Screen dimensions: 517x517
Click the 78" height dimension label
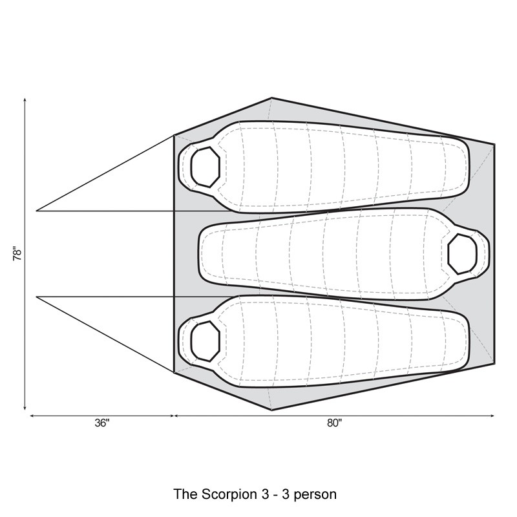click(x=17, y=253)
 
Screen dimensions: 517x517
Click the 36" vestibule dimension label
click(x=102, y=423)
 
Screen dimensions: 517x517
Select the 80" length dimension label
click(x=335, y=423)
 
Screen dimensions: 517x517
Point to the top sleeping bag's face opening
click(x=205, y=167)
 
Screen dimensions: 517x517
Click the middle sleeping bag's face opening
click(x=462, y=254)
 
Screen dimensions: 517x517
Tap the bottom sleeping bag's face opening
click(x=205, y=341)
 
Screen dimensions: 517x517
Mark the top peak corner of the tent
click(x=271, y=98)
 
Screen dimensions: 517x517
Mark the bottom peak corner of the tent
click(x=271, y=410)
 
